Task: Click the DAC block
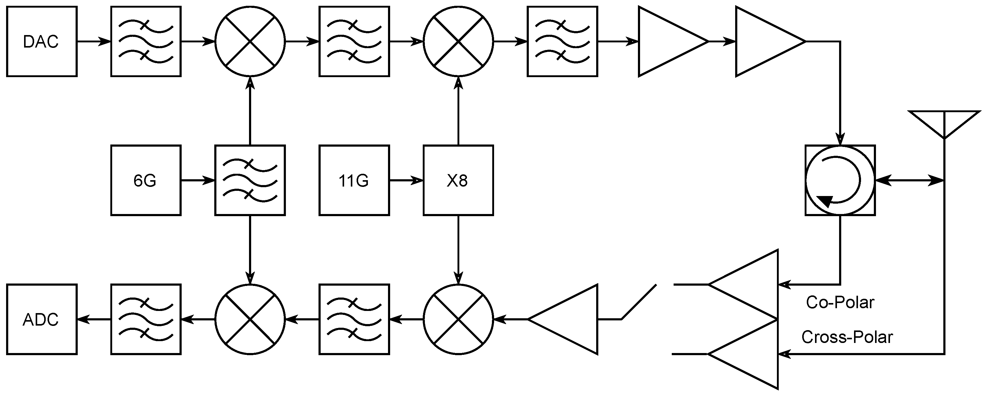coord(42,41)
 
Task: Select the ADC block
coord(42,319)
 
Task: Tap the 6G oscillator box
coord(145,180)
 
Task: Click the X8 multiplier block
coord(458,180)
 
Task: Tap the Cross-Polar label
coord(847,337)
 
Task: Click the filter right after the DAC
coord(145,41)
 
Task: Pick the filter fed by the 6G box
coord(250,180)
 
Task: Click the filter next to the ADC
coord(145,319)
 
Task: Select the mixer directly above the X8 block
coord(458,41)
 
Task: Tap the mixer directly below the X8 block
coord(458,319)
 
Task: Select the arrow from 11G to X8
coord(406,180)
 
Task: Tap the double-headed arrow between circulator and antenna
coord(909,180)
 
